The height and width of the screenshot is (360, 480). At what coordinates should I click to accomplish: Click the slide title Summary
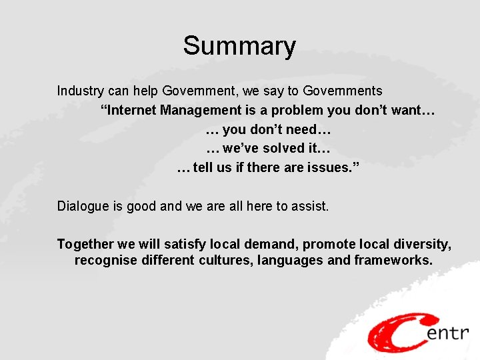click(x=239, y=47)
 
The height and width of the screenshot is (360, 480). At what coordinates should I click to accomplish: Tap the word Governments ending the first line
click(x=343, y=91)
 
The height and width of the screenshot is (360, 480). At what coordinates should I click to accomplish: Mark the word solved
click(x=273, y=148)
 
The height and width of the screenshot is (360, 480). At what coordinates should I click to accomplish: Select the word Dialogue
click(x=84, y=206)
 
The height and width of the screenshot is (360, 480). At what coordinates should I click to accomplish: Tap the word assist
click(x=309, y=206)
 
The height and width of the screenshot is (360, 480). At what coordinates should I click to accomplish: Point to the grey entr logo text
click(x=448, y=333)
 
